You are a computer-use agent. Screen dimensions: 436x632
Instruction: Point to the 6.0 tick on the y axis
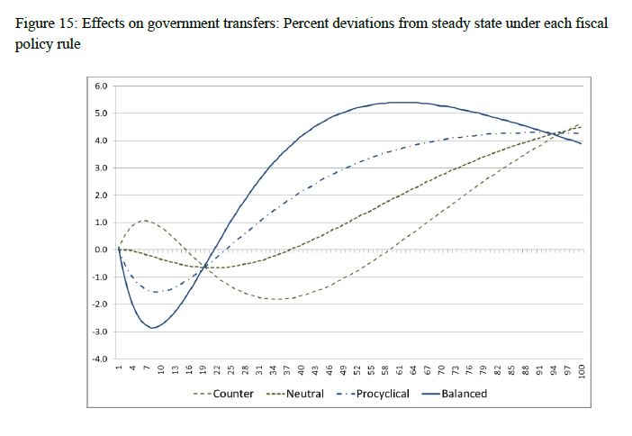(101, 86)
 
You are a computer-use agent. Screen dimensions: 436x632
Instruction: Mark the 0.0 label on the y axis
(101, 250)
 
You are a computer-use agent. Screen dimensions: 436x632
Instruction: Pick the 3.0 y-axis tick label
(101, 168)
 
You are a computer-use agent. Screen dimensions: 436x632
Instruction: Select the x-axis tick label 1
(118, 368)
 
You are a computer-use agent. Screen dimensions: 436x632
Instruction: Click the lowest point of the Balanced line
(155, 328)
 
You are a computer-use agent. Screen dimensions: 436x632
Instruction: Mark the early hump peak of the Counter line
(145, 220)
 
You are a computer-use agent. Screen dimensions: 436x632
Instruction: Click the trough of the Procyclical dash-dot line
(158, 292)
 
